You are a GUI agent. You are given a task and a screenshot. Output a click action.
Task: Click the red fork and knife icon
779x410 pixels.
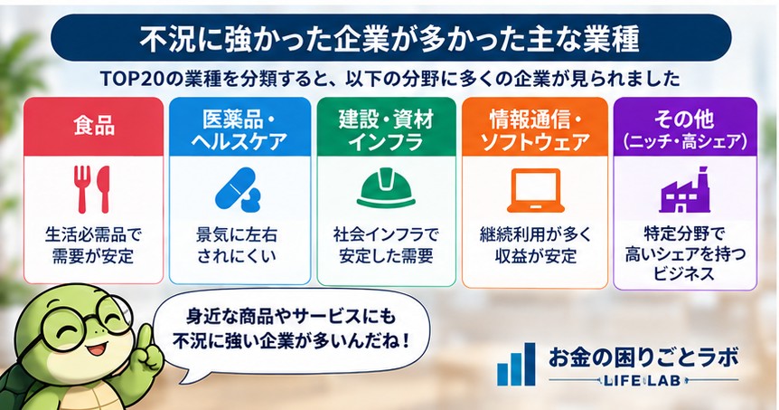(x=92, y=189)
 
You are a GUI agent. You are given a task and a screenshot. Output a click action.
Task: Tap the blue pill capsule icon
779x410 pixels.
(x=238, y=189)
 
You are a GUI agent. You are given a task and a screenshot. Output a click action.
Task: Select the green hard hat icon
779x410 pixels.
(x=386, y=189)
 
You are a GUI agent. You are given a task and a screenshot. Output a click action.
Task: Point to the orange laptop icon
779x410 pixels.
(x=536, y=190)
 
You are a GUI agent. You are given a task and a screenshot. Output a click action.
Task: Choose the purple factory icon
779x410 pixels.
(x=685, y=191)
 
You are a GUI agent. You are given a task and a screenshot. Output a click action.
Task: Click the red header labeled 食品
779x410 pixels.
(x=93, y=127)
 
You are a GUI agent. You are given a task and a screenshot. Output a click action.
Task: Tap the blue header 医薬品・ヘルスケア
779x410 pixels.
(x=240, y=127)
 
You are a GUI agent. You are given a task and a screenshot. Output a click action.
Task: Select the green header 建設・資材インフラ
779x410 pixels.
(x=386, y=127)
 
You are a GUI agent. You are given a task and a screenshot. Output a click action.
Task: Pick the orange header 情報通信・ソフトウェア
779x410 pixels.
(x=535, y=127)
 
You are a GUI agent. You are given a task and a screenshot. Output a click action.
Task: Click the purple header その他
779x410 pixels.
(x=685, y=127)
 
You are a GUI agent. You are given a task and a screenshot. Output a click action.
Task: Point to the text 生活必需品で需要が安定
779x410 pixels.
(x=93, y=244)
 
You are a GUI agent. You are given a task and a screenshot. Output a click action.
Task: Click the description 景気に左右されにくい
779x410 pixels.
(x=237, y=244)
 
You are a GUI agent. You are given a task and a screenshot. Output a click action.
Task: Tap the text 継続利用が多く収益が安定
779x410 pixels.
(x=536, y=244)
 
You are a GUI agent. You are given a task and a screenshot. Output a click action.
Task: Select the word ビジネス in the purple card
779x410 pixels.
(x=684, y=273)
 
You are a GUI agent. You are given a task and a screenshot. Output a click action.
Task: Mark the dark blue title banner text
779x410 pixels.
(x=389, y=39)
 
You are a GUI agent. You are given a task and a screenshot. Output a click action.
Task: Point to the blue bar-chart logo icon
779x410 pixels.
(x=516, y=364)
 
